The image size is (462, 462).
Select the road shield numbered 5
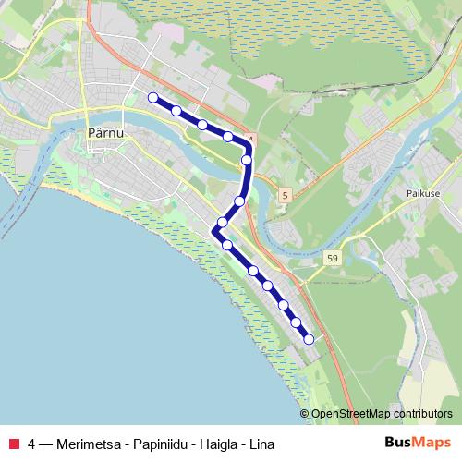tap(286, 194)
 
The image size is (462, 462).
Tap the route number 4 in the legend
tap(32, 443)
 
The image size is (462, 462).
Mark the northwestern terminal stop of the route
tap(152, 97)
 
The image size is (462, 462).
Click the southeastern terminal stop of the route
tap(309, 339)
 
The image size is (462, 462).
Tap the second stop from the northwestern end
tap(176, 110)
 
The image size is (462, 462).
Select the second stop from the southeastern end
tap(297, 322)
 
